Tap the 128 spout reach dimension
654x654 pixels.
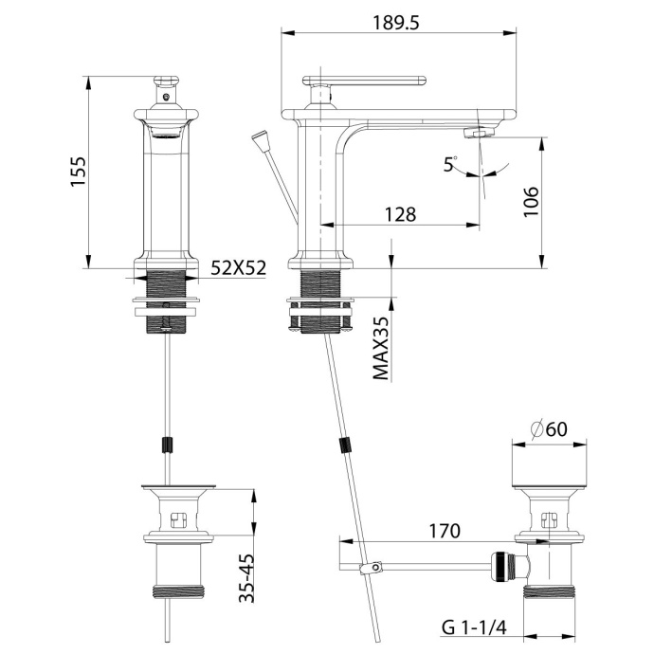click(401, 214)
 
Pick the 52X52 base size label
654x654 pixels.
click(238, 268)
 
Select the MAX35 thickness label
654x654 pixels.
click(381, 348)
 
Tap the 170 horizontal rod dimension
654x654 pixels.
click(444, 530)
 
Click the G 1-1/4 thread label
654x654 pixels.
click(472, 627)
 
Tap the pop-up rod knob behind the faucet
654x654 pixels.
click(259, 143)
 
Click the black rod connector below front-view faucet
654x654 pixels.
click(169, 445)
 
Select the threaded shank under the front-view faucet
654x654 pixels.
click(169, 284)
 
